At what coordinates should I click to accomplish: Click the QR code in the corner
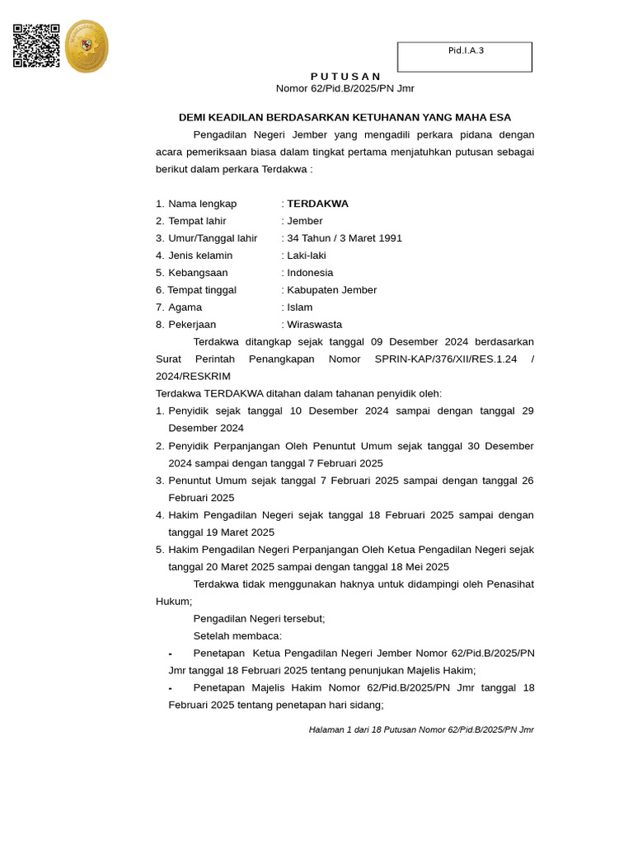(x=36, y=45)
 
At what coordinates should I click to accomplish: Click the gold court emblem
(x=87, y=46)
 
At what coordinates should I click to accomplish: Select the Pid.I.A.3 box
(x=465, y=57)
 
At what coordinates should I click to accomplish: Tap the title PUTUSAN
(x=345, y=76)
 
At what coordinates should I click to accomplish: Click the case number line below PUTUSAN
(x=345, y=89)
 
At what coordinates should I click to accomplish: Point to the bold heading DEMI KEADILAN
(x=345, y=118)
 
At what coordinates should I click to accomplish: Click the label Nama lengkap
(x=202, y=204)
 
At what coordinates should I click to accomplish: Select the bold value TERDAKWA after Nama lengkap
(x=317, y=204)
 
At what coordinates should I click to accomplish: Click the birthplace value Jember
(x=305, y=221)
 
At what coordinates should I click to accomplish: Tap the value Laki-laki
(x=307, y=256)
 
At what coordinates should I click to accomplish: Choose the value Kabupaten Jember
(x=331, y=290)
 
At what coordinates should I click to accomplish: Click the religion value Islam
(x=300, y=307)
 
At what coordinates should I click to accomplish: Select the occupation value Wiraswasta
(x=314, y=325)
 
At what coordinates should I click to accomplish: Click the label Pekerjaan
(x=192, y=325)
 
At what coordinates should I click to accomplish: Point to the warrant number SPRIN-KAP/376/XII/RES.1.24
(x=446, y=359)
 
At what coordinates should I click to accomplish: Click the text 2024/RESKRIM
(x=193, y=377)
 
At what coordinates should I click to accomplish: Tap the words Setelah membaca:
(x=237, y=635)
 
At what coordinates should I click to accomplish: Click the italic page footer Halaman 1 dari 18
(x=421, y=729)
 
